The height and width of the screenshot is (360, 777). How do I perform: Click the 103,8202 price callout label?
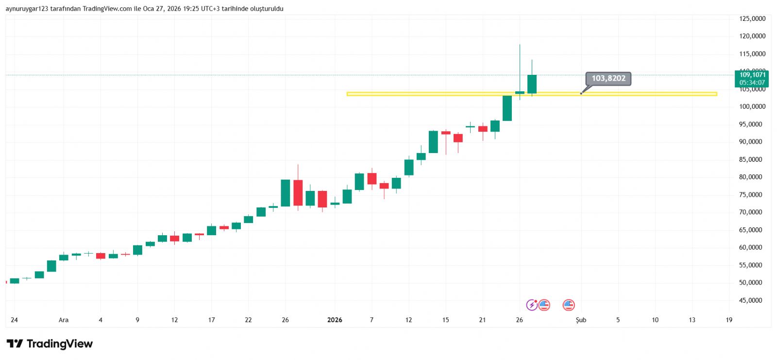[608, 78]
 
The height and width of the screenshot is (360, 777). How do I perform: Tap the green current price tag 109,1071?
[752, 78]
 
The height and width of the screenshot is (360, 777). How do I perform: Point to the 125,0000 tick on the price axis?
[752, 18]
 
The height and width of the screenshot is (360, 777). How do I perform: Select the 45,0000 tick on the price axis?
[750, 300]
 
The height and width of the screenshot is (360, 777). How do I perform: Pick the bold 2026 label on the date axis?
[335, 320]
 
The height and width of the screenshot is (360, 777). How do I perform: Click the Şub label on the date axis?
[581, 320]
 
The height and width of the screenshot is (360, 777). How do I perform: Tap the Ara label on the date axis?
[64, 320]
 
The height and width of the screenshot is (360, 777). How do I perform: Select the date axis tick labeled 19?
[729, 320]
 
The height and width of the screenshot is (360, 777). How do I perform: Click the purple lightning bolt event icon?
[532, 305]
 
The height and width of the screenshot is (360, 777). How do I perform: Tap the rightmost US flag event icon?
[569, 305]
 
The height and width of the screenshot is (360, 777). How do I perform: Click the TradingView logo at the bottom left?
[50, 344]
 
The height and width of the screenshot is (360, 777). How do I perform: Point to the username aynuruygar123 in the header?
[27, 9]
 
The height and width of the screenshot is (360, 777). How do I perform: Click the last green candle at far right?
[532, 84]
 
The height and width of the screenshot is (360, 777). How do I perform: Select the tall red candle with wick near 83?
[298, 192]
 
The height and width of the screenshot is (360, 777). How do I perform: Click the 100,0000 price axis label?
[752, 106]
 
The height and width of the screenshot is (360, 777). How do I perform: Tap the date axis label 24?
[14, 320]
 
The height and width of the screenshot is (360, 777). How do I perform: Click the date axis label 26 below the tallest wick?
[519, 320]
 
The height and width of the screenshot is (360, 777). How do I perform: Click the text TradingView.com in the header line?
[107, 9]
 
